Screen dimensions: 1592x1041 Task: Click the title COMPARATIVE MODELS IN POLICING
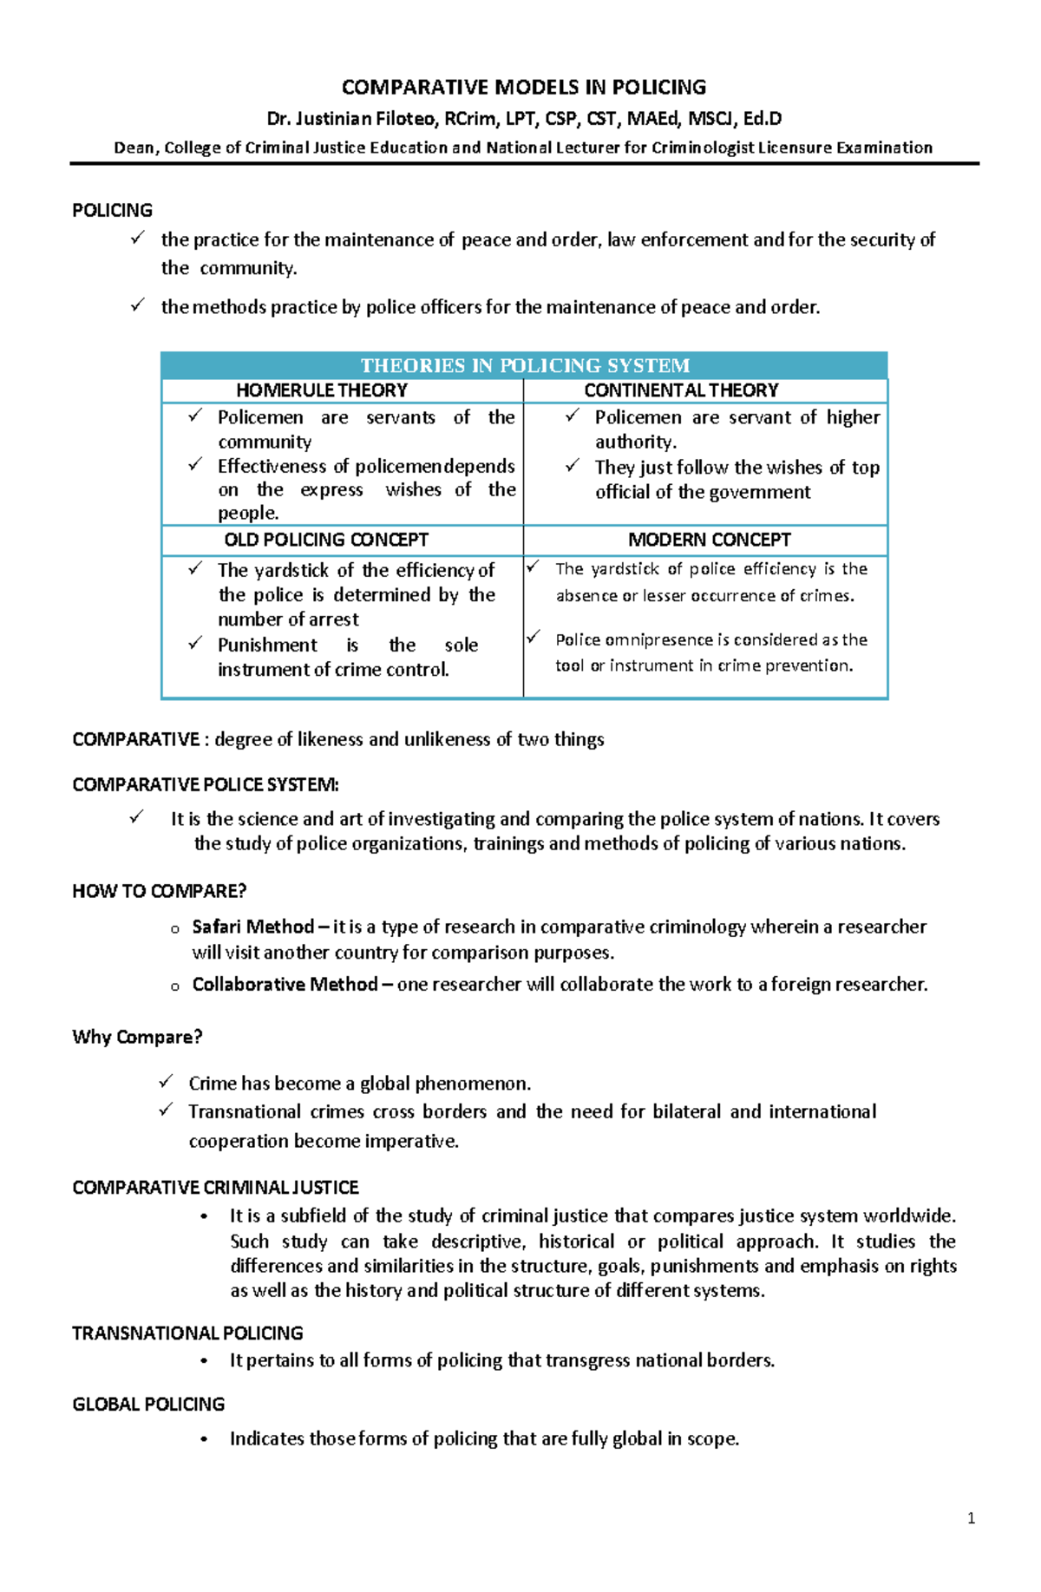pos(523,87)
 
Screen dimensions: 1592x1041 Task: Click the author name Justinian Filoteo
pos(364,118)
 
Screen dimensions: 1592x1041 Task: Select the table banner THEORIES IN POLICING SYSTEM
pos(524,365)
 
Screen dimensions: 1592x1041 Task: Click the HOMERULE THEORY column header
pos(321,390)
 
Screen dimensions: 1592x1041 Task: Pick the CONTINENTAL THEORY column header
pos(681,390)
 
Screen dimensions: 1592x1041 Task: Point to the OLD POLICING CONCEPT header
pos(326,540)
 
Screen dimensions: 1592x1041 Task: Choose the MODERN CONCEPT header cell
pos(709,540)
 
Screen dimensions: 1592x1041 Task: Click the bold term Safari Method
pos(252,927)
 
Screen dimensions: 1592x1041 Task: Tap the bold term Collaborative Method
pos(285,984)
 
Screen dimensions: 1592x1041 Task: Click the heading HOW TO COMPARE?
pos(159,891)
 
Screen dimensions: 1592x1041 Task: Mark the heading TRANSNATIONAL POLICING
pos(187,1333)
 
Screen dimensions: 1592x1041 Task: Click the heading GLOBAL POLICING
pos(148,1404)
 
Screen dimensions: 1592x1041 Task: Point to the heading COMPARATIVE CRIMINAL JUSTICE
pos(215,1187)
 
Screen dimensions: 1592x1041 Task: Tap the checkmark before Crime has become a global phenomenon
pos(166,1081)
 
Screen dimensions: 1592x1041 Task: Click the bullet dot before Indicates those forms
pos(204,1439)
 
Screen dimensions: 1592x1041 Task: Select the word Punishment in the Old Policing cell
pos(267,645)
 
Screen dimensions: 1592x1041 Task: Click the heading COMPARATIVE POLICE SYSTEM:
pos(205,784)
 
